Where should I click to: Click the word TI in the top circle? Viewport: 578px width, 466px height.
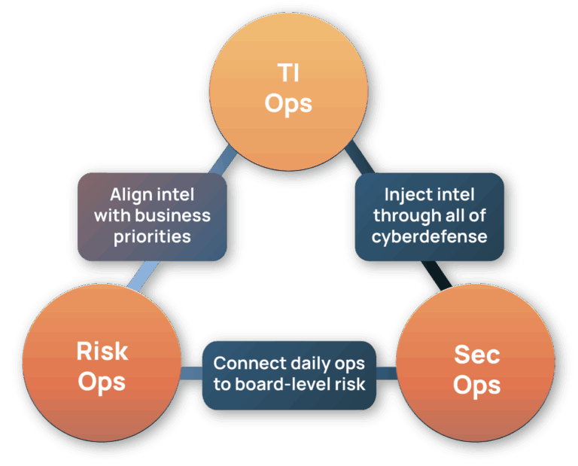(288, 72)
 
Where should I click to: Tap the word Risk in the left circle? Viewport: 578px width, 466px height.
(102, 351)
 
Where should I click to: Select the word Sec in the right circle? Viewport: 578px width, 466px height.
(477, 355)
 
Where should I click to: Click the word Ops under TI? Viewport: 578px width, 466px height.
(288, 104)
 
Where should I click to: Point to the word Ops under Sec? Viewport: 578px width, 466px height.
(476, 385)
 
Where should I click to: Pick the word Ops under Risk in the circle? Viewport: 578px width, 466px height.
(102, 382)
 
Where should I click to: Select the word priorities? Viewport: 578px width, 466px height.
(152, 236)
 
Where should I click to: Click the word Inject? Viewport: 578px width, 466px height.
(405, 195)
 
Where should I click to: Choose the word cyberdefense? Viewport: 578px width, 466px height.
(430, 236)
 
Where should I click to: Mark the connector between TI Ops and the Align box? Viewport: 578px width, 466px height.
(222, 160)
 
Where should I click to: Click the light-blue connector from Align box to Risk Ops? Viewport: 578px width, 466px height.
(144, 276)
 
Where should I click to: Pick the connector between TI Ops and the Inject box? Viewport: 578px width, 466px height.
(360, 157)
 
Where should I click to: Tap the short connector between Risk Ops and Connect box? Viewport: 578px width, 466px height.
(191, 373)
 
